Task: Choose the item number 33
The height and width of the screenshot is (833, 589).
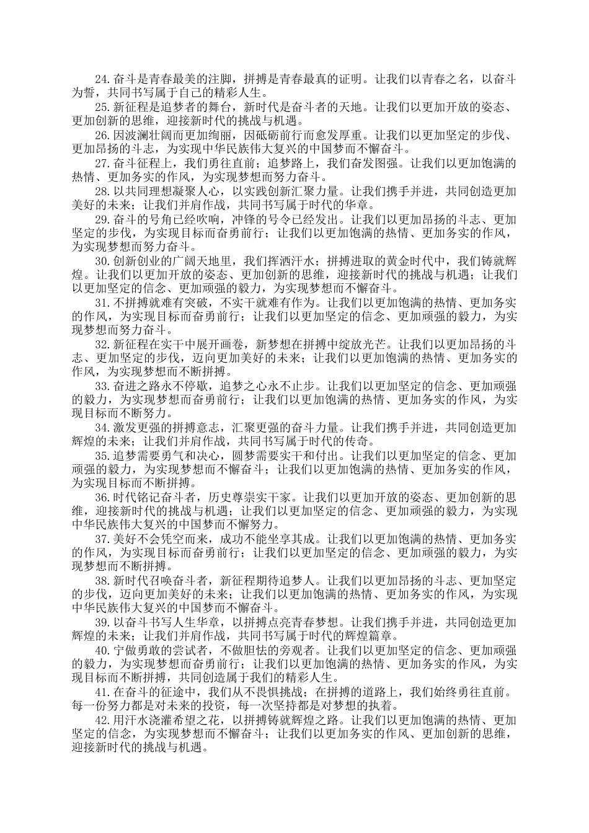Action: (103, 386)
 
